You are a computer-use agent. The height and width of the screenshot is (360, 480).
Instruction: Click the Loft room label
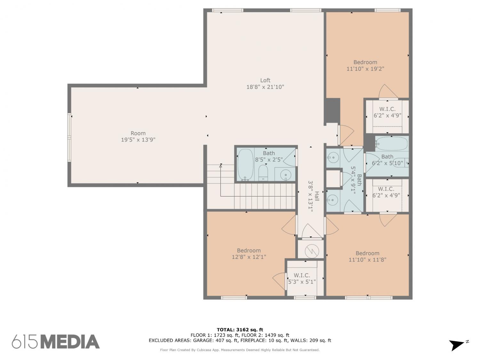265,80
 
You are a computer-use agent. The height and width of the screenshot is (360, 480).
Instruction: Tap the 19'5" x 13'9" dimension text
138,140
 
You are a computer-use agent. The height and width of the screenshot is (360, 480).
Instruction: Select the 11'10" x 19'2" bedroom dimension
365,68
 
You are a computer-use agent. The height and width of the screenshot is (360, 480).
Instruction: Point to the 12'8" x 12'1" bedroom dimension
249,257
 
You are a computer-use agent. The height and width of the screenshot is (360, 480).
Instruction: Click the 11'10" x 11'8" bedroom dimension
367,260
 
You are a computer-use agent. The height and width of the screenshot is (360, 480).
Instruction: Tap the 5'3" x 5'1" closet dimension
302,282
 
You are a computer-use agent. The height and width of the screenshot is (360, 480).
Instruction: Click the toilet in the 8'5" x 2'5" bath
263,173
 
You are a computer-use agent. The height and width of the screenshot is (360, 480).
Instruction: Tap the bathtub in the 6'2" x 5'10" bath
391,143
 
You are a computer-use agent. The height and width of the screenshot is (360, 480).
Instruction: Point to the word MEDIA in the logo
70,341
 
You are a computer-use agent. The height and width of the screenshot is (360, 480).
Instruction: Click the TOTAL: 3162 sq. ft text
240,330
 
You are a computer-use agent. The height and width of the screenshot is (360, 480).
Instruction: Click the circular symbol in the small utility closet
312,251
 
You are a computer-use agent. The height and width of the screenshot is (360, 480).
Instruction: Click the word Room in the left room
138,133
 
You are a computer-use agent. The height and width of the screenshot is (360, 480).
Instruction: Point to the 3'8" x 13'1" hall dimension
310,196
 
